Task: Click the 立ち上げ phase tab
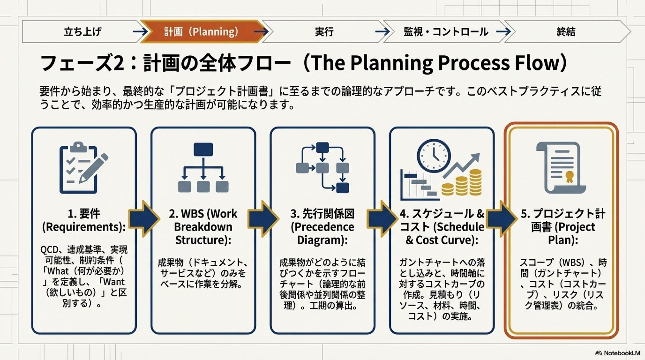pos(82,32)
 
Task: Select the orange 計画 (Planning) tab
pos(201,32)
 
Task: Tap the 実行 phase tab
pos(324,32)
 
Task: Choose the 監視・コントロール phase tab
pos(446,32)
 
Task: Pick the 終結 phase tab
pos(566,32)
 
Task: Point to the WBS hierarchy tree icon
pos(203,168)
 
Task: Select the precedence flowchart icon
pos(322,168)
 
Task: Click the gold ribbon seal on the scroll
pos(569,176)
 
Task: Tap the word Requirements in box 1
pos(84,227)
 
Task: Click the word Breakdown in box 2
pos(203,227)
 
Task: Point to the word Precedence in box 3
pos(322,227)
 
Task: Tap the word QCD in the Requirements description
pos(49,250)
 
